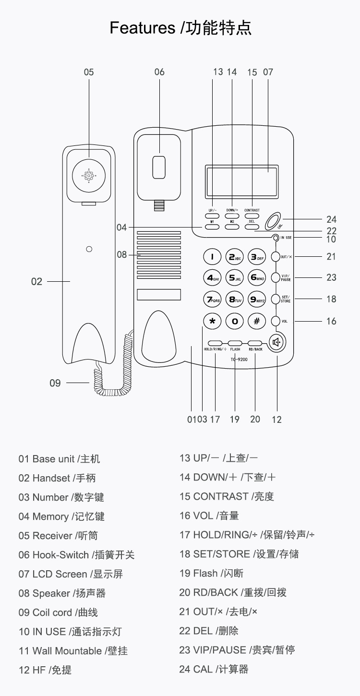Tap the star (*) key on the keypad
(212, 321)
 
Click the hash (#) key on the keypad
(256, 321)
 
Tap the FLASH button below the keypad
(235, 343)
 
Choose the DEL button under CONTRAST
(252, 227)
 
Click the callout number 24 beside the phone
(331, 220)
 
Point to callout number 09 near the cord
(55, 383)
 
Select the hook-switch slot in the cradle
(159, 167)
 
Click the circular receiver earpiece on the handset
(89, 176)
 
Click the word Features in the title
(142, 28)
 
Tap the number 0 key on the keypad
(235, 321)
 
